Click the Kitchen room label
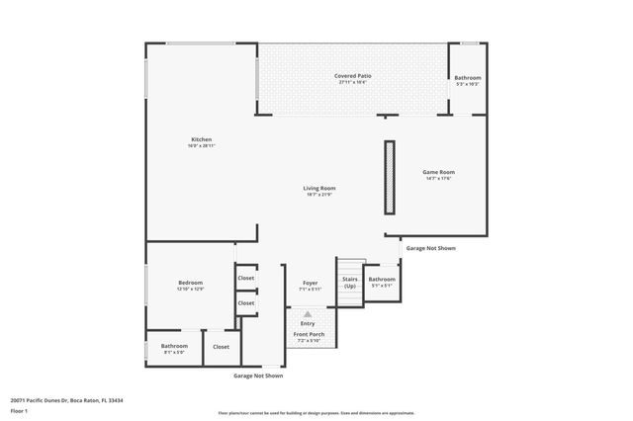pos(201,139)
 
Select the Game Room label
pos(439,172)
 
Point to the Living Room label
pos(318,188)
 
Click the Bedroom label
pos(190,283)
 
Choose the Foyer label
pos(310,284)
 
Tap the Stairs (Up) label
pos(349,282)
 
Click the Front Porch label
pos(309,334)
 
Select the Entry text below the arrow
pos(308,323)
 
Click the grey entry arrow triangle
pos(308,314)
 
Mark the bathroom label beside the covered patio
pos(468,77)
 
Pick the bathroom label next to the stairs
pos(382,279)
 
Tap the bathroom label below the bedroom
pos(174,345)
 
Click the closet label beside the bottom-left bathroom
pos(221,347)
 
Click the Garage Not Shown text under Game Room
pos(431,248)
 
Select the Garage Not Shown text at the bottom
pos(258,376)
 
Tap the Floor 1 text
pos(19,409)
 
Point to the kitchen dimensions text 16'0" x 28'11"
pos(201,145)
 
